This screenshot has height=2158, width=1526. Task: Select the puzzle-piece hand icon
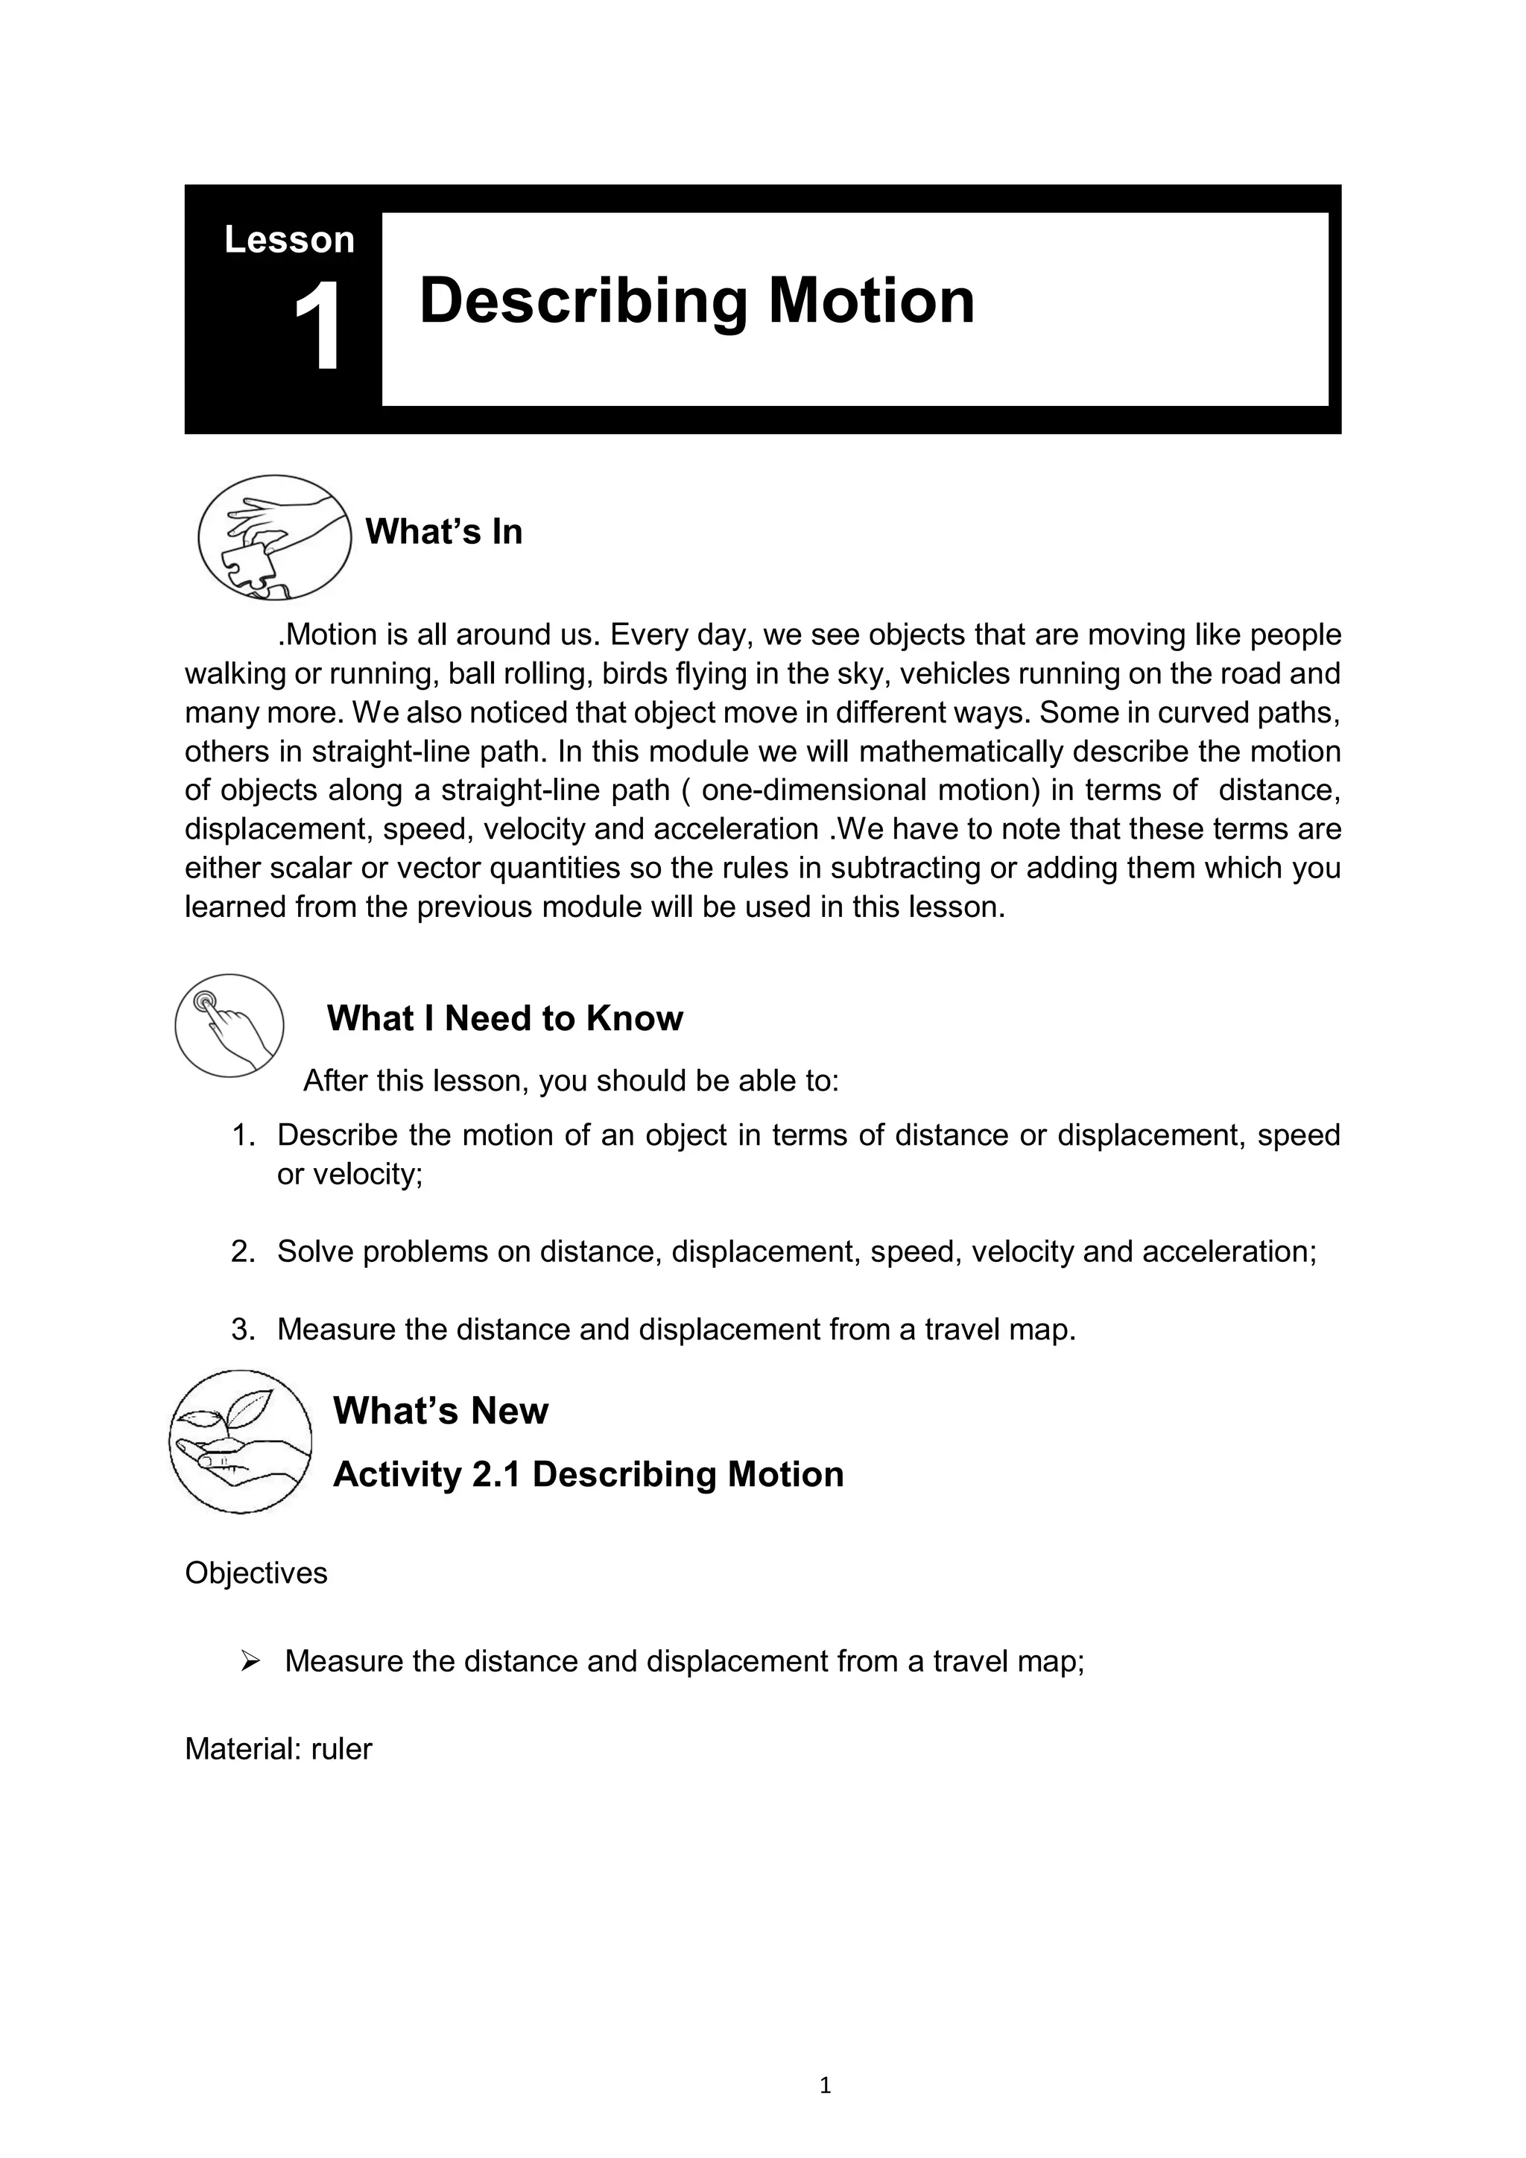coord(273,538)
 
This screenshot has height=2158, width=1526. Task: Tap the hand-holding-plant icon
coord(241,1441)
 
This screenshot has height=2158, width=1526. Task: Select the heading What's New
coord(440,1411)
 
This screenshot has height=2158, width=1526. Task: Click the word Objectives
coord(256,1573)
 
